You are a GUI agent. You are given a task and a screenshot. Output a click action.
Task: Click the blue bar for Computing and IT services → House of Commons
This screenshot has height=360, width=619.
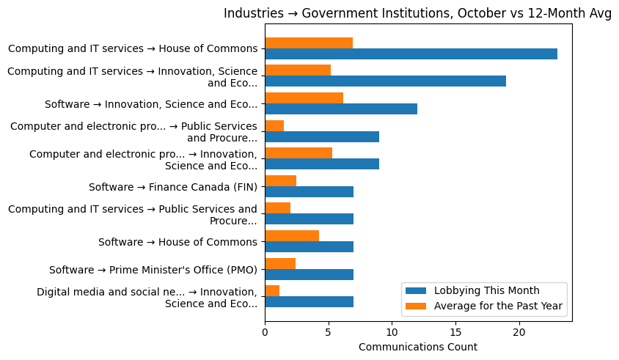tap(411, 54)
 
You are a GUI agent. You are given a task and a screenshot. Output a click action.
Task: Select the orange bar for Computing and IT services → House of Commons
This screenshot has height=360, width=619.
tap(309, 43)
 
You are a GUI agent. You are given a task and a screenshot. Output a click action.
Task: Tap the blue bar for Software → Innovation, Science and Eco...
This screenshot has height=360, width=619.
tap(341, 109)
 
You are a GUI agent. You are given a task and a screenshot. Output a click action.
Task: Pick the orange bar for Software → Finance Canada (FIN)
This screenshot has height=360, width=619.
tap(280, 180)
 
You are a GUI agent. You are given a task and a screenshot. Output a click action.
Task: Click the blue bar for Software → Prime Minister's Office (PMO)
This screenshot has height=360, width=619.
tap(309, 274)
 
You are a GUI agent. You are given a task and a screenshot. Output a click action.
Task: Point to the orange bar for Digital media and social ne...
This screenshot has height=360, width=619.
tap(272, 291)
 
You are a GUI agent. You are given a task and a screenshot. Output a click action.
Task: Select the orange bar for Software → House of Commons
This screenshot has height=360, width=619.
tap(292, 236)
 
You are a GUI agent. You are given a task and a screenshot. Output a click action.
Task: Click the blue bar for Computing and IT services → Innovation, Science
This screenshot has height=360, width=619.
tap(385, 81)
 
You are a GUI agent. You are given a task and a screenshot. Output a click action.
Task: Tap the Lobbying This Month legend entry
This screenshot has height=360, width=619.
tap(486, 290)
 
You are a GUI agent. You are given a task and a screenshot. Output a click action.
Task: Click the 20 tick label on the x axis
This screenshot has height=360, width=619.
tap(519, 333)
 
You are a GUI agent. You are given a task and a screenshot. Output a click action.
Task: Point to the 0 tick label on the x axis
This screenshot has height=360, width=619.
tap(265, 333)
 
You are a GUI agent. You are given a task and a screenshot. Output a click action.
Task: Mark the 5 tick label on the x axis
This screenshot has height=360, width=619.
tap(329, 333)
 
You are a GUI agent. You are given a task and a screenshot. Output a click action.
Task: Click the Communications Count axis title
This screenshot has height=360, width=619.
tap(417, 347)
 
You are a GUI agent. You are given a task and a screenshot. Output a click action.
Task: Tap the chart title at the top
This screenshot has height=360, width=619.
tap(417, 14)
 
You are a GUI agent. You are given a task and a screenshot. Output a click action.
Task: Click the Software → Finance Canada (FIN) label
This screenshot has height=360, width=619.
tap(173, 187)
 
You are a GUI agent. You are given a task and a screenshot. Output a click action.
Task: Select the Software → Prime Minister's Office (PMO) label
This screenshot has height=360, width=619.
tap(153, 270)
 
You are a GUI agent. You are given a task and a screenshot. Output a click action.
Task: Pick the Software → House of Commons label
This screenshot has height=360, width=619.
tap(177, 242)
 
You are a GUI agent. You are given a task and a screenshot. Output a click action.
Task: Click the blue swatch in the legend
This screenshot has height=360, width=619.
tap(419, 290)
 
